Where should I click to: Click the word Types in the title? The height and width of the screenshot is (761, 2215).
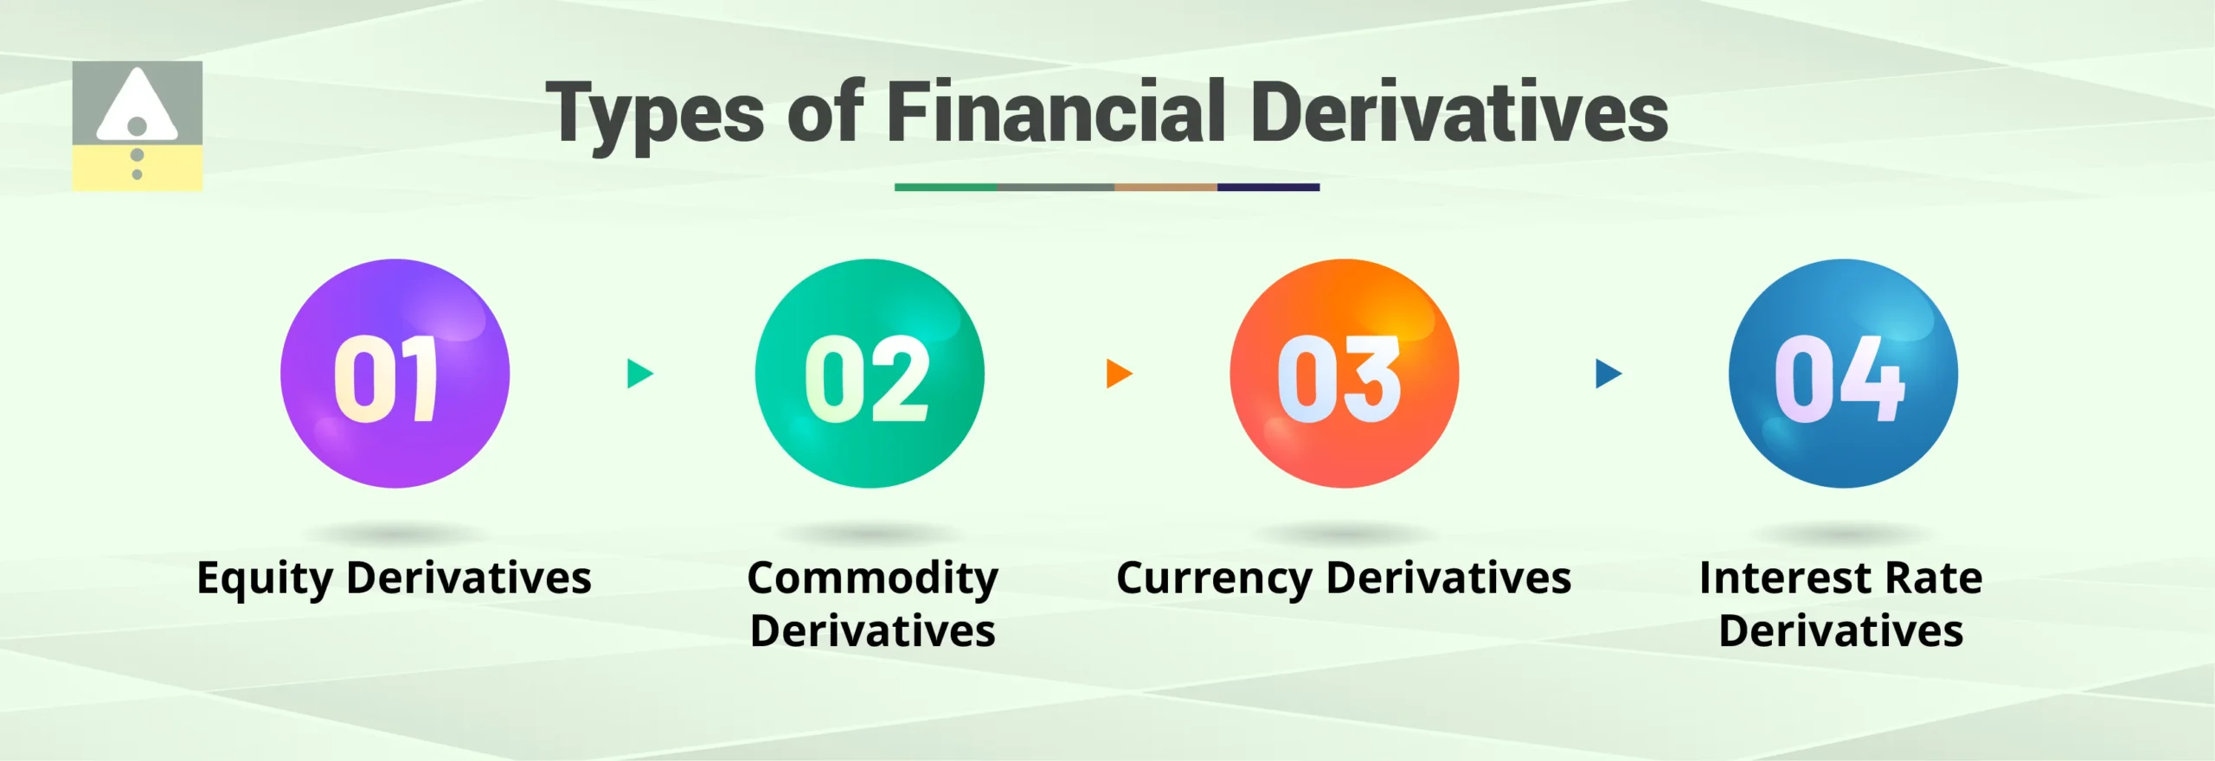656,115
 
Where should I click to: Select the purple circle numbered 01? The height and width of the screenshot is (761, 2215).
395,374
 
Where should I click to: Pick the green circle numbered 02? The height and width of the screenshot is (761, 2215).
870,374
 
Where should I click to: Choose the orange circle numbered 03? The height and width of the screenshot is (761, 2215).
1344,374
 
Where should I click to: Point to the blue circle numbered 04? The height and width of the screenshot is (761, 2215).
1843,374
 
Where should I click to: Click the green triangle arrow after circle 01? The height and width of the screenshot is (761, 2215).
639,374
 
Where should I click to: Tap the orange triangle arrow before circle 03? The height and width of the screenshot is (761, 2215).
1119,374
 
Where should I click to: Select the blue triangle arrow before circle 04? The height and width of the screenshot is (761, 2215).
1608,374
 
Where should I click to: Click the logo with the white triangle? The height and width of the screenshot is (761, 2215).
138,126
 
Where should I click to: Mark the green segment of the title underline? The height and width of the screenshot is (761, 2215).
946,187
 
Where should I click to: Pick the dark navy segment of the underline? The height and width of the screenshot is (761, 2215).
1268,187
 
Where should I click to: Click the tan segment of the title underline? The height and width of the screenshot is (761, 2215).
1165,187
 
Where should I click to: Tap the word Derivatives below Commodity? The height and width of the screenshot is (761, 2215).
872,631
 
